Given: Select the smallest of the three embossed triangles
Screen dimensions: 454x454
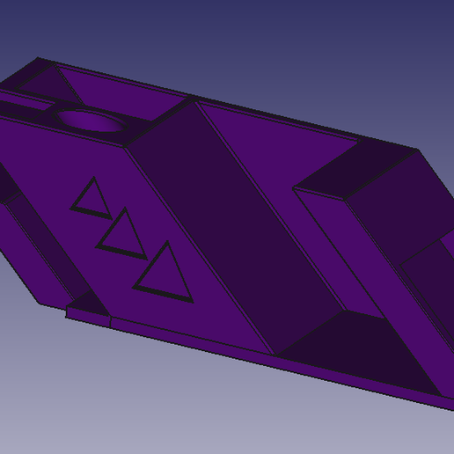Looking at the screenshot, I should point(90,197).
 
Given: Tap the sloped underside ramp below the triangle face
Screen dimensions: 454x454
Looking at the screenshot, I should point(44,264).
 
